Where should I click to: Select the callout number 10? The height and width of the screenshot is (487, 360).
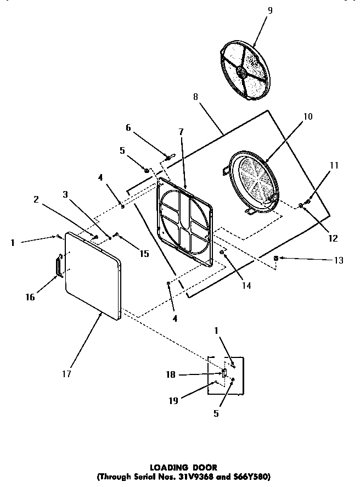(x=307, y=116)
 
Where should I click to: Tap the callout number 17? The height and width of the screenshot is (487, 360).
(x=66, y=373)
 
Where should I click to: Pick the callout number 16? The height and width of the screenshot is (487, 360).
(x=30, y=297)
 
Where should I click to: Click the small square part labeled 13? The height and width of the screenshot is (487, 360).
(x=277, y=258)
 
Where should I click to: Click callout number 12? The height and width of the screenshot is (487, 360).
(x=333, y=238)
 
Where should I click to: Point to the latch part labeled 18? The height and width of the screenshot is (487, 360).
(x=224, y=374)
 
